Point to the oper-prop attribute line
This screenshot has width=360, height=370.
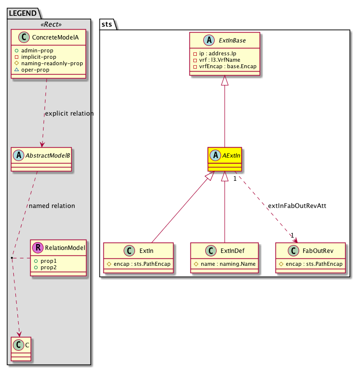pyautogui.click(x=39, y=70)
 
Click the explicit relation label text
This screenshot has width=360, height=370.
pyautogui.click(x=69, y=114)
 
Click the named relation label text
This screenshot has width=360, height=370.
pyautogui.click(x=52, y=206)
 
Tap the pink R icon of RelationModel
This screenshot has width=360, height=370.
pyautogui.click(x=38, y=247)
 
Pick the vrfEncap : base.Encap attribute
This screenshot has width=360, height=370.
pyautogui.click(x=226, y=66)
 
